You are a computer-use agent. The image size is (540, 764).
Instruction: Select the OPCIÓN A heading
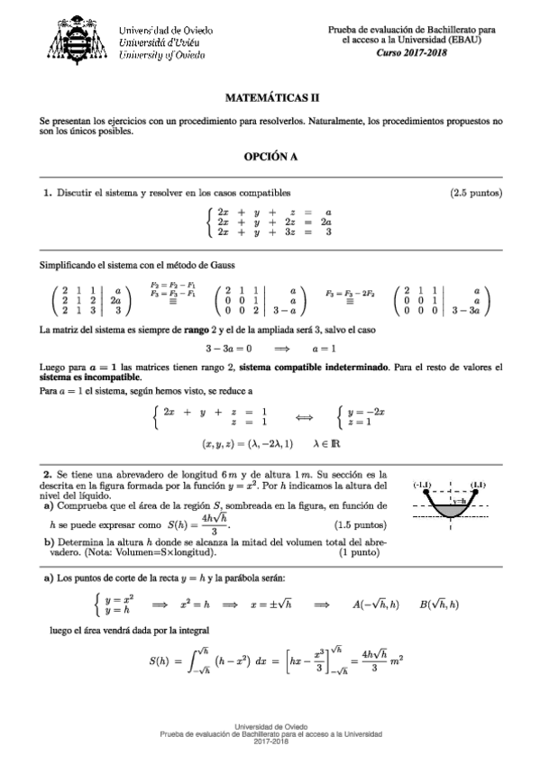270,156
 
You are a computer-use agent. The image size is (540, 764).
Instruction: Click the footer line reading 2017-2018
270,741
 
